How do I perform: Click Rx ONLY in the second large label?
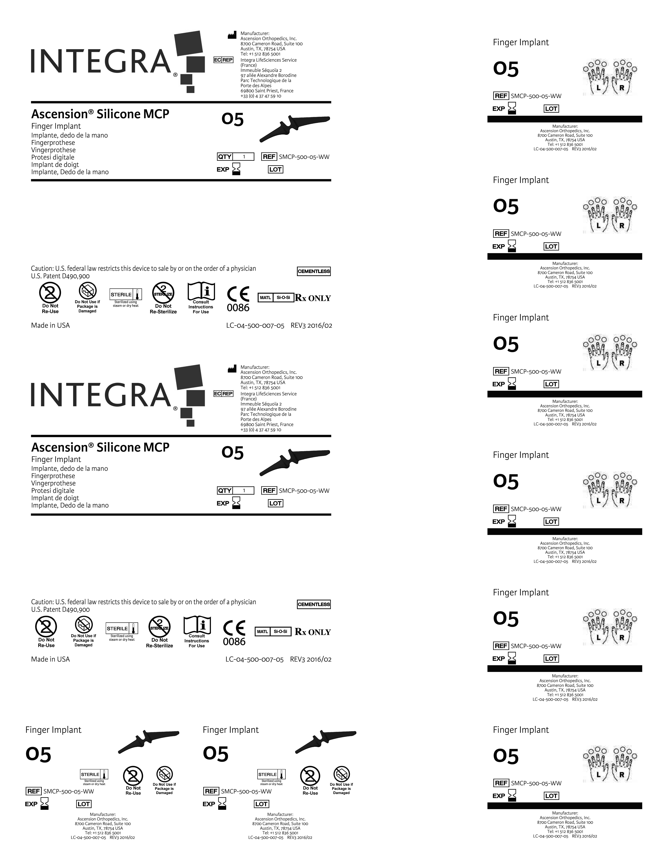click(313, 632)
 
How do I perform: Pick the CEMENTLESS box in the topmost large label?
click(314, 271)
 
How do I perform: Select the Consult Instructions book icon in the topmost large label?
click(201, 292)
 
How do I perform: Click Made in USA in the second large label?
click(50, 659)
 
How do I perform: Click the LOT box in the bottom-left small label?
click(84, 804)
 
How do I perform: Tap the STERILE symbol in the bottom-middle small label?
click(271, 774)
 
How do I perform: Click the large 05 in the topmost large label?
click(233, 119)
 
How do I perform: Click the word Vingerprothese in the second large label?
click(53, 483)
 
